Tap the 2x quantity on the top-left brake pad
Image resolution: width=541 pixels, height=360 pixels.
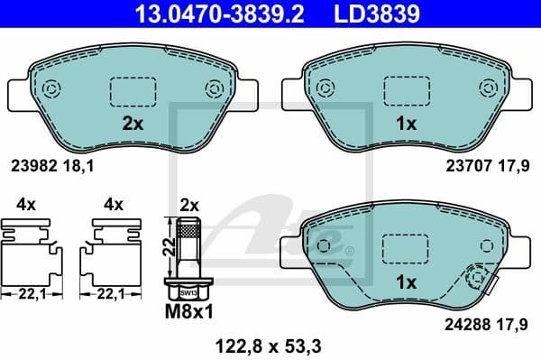point(133,125)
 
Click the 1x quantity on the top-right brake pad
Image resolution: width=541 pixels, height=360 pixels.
point(407,125)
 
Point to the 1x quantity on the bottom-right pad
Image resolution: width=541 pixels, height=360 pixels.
point(407,282)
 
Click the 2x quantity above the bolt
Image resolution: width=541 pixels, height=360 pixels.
point(190,203)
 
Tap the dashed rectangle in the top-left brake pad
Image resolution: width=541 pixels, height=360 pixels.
point(132,92)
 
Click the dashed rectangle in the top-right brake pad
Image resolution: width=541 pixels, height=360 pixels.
point(407,92)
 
